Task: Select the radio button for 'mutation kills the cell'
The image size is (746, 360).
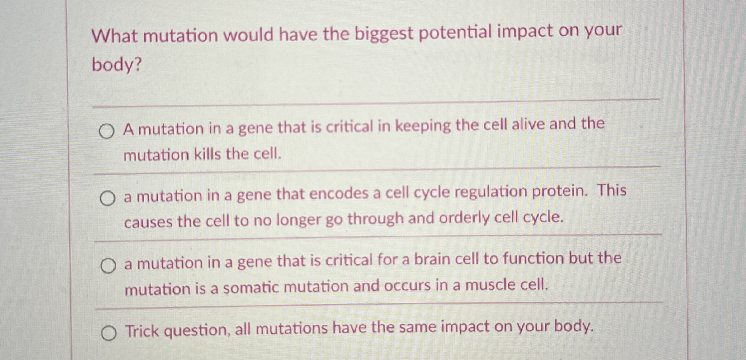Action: point(106,132)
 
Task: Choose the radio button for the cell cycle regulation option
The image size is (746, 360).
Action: point(107,199)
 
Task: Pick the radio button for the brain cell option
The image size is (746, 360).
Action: point(108,266)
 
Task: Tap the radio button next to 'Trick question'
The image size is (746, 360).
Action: point(109,333)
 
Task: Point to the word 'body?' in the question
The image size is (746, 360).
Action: point(117,65)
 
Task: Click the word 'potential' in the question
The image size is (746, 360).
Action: point(455,33)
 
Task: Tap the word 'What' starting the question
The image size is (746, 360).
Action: point(114,36)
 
